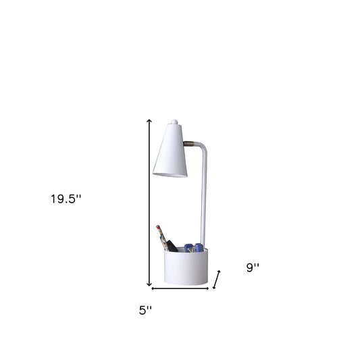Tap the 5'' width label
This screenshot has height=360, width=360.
[x=145, y=310]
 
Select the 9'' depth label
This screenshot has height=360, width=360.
[x=252, y=267]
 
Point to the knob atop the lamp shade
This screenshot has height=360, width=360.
[x=174, y=122]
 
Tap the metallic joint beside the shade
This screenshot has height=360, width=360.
[x=192, y=143]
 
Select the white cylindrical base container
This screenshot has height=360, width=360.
[x=186, y=266]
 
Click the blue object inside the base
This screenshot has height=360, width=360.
[x=194, y=247]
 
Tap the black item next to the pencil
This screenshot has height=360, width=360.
[x=173, y=246]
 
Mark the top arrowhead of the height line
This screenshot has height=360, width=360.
[x=150, y=120]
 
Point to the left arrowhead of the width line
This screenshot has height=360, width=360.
[x=153, y=288]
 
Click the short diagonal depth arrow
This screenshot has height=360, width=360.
[x=217, y=280]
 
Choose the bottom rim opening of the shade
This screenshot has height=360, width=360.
[x=170, y=174]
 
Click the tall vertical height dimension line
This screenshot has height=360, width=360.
[x=150, y=203]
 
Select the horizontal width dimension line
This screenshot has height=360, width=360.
[x=180, y=288]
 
